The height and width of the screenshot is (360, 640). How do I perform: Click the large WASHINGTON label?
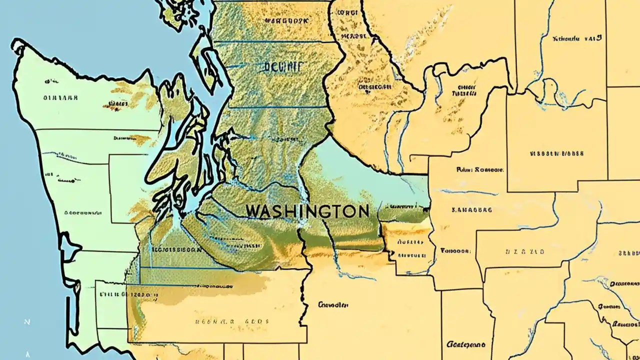(307, 211)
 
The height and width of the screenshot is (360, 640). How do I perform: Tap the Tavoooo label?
(455, 251)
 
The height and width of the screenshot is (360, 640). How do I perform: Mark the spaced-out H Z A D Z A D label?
(526, 252)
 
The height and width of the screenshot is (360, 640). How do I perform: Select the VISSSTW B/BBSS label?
(556, 154)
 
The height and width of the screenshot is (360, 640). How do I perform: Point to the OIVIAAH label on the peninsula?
(61, 98)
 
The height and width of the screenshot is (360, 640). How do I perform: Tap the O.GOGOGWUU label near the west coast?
(80, 212)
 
